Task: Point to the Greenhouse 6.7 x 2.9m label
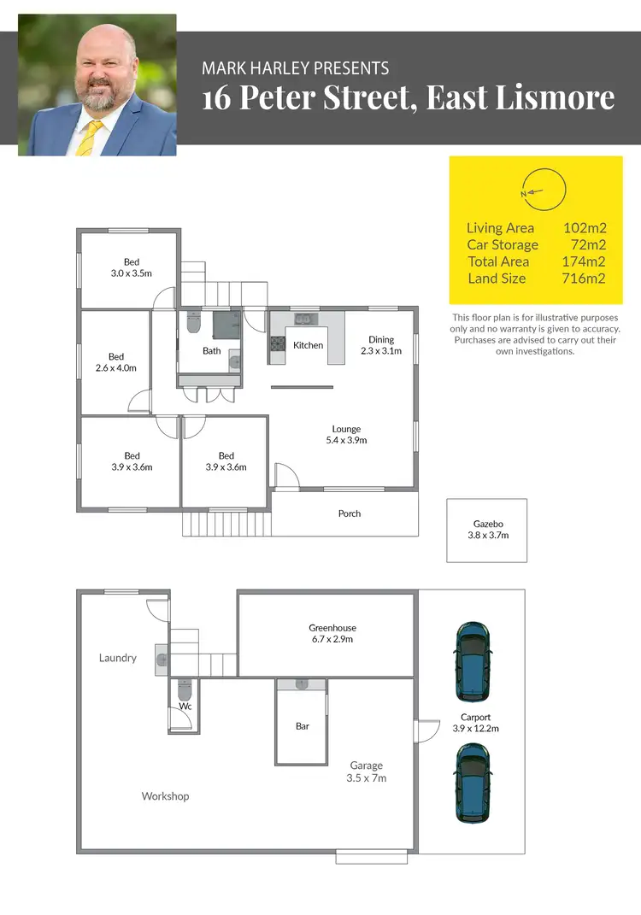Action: tap(332, 633)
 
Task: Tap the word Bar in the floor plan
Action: tap(302, 726)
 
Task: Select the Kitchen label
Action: tap(308, 345)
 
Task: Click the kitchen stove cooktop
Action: tap(277, 345)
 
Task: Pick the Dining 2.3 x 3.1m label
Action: tap(380, 345)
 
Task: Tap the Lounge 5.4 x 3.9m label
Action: tap(346, 435)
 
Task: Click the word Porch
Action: tap(350, 513)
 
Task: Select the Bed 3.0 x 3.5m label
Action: tap(131, 267)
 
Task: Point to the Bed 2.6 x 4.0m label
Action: tap(116, 362)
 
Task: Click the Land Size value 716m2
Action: tap(584, 279)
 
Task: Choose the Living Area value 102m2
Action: tap(584, 228)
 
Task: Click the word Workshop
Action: tap(165, 796)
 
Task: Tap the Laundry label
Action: tap(117, 658)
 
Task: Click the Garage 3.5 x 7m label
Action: tap(366, 771)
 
